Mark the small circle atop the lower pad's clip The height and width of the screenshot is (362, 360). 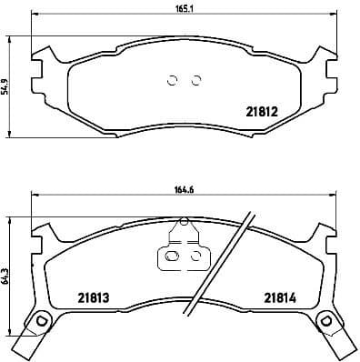click(183, 220)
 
